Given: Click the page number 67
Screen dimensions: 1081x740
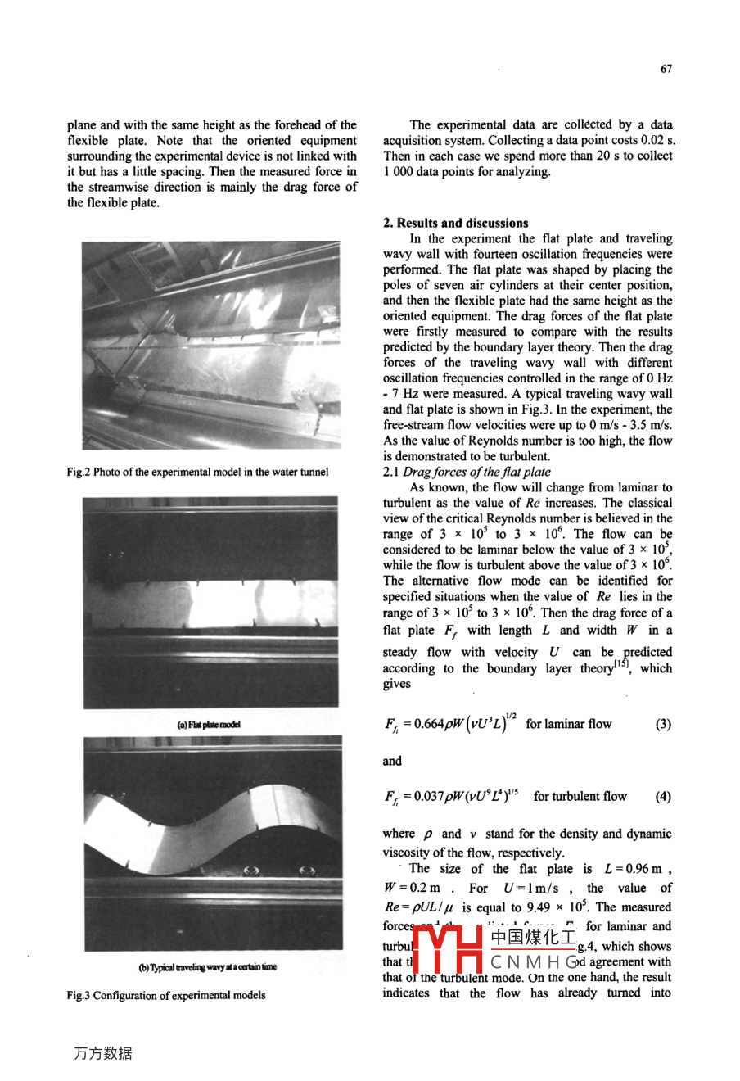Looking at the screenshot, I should tap(666, 69).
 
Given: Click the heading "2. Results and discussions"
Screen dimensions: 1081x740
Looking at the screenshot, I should tap(456, 223).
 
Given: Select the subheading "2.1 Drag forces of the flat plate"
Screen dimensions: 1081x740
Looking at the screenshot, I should tap(467, 472).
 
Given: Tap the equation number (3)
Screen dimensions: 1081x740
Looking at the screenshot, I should tap(663, 724).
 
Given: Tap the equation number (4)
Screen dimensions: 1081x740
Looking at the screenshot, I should tap(663, 796).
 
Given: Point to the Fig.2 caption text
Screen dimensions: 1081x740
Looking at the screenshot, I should tap(197, 472).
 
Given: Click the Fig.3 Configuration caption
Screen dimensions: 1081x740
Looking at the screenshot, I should tap(165, 995).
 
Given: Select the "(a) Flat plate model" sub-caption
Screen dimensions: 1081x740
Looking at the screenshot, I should tap(209, 725).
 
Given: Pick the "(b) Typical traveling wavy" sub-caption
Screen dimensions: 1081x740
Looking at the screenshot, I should tap(208, 967).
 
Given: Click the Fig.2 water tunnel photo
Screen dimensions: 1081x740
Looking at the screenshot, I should tap(210, 345).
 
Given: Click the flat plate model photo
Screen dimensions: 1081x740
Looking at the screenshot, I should tap(210, 602).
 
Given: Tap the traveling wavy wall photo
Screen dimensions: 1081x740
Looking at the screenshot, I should tap(210, 844).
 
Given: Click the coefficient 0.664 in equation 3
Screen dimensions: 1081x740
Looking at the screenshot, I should tap(428, 724).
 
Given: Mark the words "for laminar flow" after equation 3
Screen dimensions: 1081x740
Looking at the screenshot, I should tap(568, 724).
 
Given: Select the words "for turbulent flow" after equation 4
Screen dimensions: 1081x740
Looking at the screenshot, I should tap(580, 796).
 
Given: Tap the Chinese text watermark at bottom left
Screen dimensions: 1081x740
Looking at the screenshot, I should tap(102, 1054).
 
